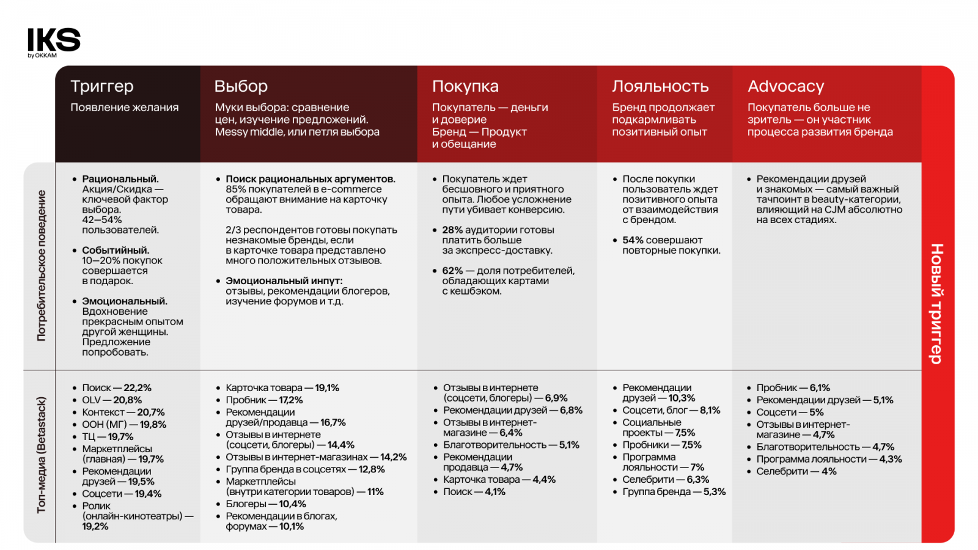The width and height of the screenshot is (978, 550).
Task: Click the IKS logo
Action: click(54, 42)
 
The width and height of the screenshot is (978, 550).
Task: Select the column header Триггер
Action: click(102, 86)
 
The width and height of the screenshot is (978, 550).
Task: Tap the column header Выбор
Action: click(241, 86)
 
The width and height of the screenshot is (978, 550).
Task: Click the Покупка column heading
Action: click(465, 86)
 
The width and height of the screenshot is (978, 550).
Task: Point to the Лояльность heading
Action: click(660, 86)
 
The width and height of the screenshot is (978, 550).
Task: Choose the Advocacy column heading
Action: click(786, 86)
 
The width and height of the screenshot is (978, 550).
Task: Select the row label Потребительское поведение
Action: click(41, 265)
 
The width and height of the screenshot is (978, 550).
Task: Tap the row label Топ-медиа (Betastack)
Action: click(41, 455)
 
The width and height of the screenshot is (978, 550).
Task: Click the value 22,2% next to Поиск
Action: click(138, 387)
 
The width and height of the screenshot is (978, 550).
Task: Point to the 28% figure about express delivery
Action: click(452, 230)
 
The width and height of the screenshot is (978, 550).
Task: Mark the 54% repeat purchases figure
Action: click(633, 240)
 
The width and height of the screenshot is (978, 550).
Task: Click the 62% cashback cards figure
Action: click(452, 270)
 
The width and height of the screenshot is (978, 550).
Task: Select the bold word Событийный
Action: click(116, 250)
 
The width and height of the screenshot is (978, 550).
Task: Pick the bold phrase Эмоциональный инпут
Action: click(284, 280)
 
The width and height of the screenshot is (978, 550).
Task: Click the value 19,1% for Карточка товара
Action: click(327, 387)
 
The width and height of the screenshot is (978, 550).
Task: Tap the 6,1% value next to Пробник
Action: click(820, 387)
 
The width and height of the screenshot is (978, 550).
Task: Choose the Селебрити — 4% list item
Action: click(796, 471)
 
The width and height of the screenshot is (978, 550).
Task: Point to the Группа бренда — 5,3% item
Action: click(674, 491)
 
